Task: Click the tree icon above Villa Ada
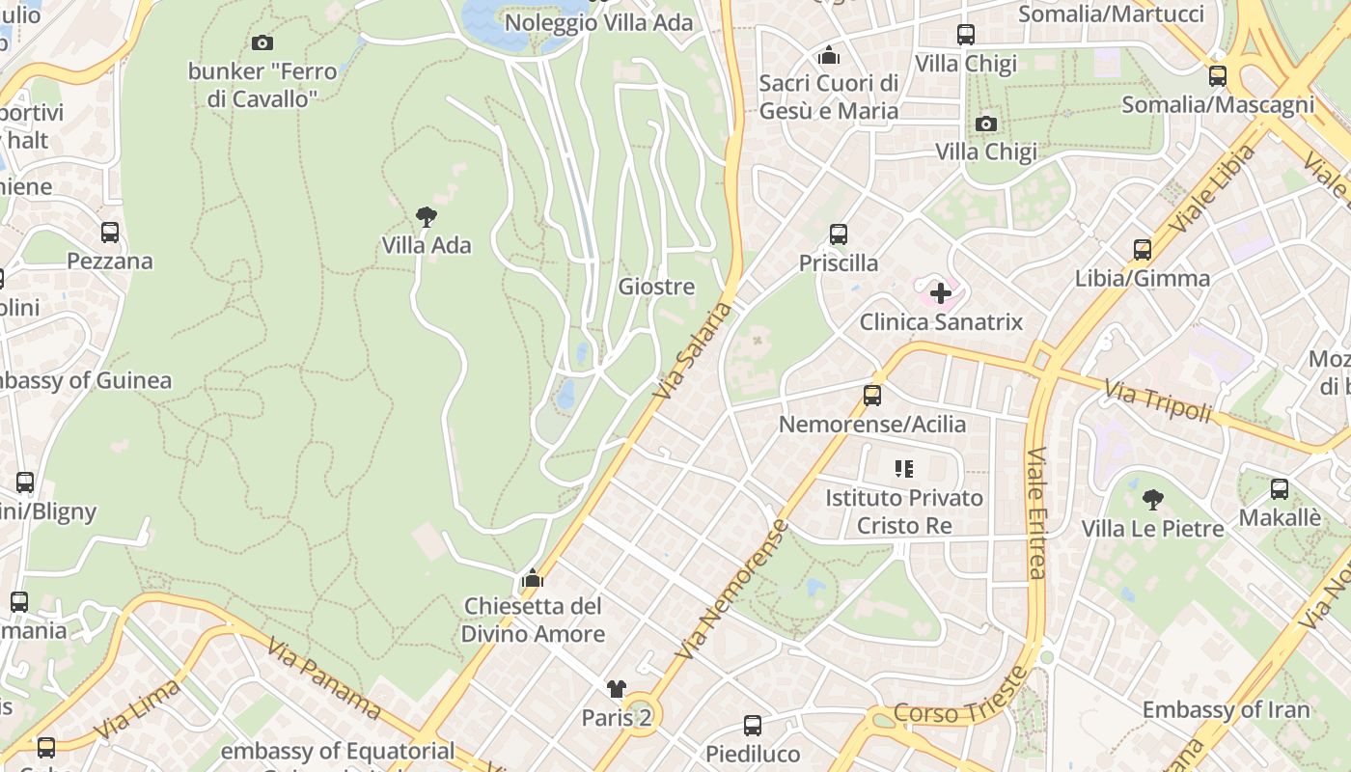[x=426, y=216]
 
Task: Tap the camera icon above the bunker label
[x=262, y=42]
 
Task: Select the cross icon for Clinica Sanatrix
[x=941, y=292]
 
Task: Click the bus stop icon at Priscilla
[x=839, y=234]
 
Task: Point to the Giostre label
[x=656, y=287]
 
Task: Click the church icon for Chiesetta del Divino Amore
[x=532, y=578]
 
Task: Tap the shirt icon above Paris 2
[x=617, y=688]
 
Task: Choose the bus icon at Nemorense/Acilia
[x=872, y=395]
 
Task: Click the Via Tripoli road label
[x=1157, y=401]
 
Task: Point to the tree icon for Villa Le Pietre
[x=1152, y=500]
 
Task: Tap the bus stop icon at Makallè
[x=1280, y=488]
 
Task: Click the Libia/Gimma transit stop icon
[x=1143, y=250]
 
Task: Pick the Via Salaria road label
[x=692, y=351]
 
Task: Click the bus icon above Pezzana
[x=110, y=232]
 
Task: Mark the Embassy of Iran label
[x=1226, y=710]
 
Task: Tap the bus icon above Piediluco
[x=753, y=725]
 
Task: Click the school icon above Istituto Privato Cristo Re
[x=904, y=469]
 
